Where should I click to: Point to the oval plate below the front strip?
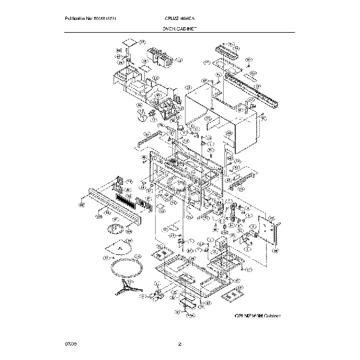[x=117, y=228]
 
